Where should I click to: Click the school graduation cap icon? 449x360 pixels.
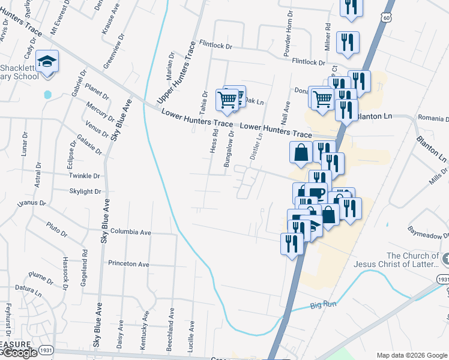click(x=46, y=61)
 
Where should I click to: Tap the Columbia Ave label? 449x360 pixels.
click(x=130, y=232)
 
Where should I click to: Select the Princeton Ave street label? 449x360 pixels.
click(x=128, y=263)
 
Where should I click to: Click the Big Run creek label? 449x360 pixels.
click(x=324, y=305)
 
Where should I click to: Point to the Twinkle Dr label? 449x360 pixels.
click(x=84, y=176)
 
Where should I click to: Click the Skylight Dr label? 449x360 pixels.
click(x=85, y=191)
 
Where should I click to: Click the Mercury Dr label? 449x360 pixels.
click(x=100, y=110)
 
